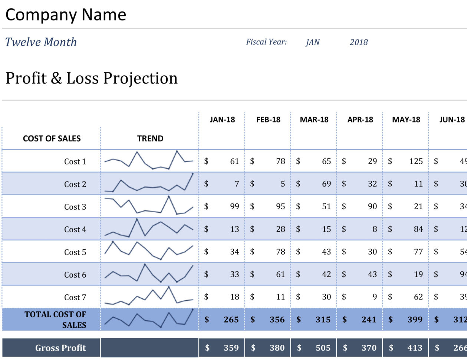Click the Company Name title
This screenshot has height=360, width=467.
click(66, 15)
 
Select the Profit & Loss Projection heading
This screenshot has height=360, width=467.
click(92, 78)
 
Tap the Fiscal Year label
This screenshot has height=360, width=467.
click(266, 42)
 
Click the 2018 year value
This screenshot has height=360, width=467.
click(359, 42)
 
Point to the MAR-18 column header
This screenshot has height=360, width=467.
click(314, 120)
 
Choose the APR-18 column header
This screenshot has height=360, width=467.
click(360, 120)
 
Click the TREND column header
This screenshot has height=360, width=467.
click(150, 138)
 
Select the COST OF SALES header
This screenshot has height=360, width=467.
click(52, 138)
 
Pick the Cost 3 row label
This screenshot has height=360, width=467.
click(75, 207)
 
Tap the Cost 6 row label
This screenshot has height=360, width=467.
click(75, 275)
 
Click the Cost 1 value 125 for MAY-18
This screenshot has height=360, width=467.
click(416, 161)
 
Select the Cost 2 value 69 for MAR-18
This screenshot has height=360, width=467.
click(326, 184)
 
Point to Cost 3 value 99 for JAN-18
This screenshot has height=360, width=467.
click(234, 206)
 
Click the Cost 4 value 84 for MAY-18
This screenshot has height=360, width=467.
click(418, 229)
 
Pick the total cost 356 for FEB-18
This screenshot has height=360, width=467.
click(277, 320)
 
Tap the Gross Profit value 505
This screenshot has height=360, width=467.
click(323, 348)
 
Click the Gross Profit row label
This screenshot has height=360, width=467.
click(60, 348)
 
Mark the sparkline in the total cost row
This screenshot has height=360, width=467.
click(149, 319)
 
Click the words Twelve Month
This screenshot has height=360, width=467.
click(41, 42)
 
